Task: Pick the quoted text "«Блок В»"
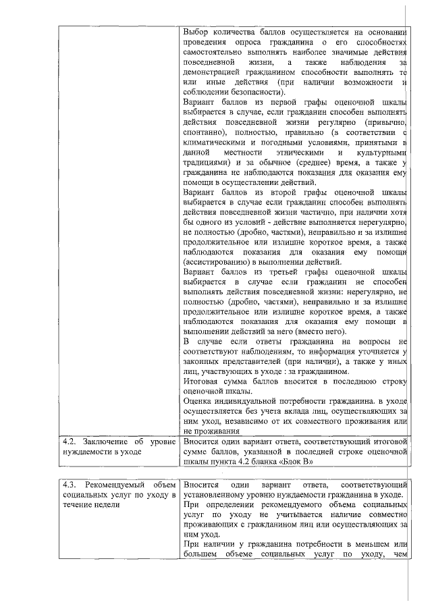point(297,462)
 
